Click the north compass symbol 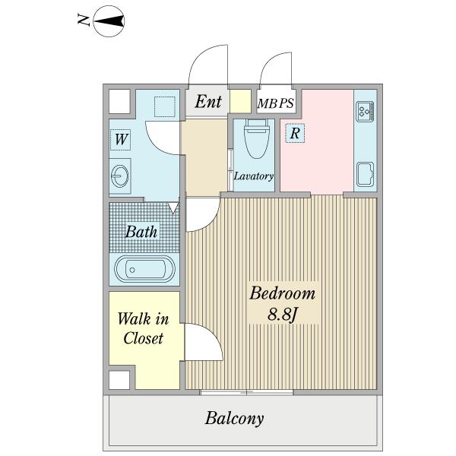coord(109,21)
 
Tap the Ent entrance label coord(208,102)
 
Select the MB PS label coord(276,103)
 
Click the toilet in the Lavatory coord(255,139)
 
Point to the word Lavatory coord(254,176)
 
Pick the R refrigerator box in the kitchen coord(295,133)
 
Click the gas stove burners coord(365,112)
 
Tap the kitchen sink coord(366,174)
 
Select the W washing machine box coord(120,139)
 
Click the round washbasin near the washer coord(120,176)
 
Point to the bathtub coord(144,269)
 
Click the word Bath coord(141,232)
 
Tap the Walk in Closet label coord(143,328)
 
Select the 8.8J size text coord(283,314)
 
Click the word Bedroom coord(283,293)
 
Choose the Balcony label coord(234,419)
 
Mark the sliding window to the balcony coord(246,392)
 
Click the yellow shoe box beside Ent coord(240,101)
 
